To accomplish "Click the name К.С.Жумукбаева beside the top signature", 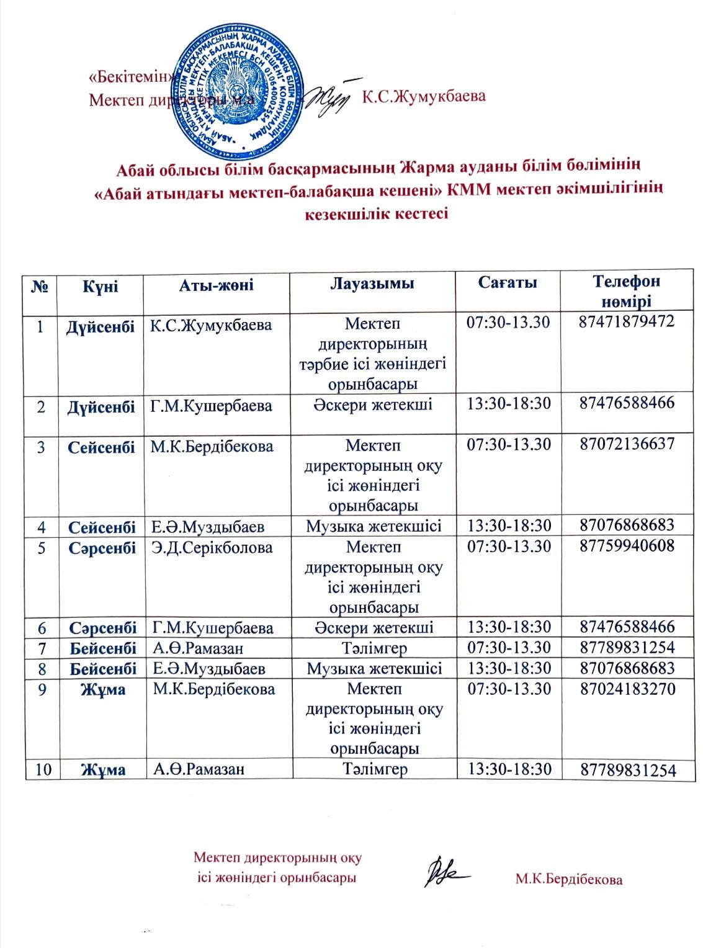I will pyautogui.click(x=423, y=96).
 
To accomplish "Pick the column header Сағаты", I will pyautogui.click(x=508, y=283).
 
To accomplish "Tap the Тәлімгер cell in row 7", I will pyautogui.click(x=374, y=648).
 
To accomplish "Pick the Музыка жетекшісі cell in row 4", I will pyautogui.click(x=374, y=527).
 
